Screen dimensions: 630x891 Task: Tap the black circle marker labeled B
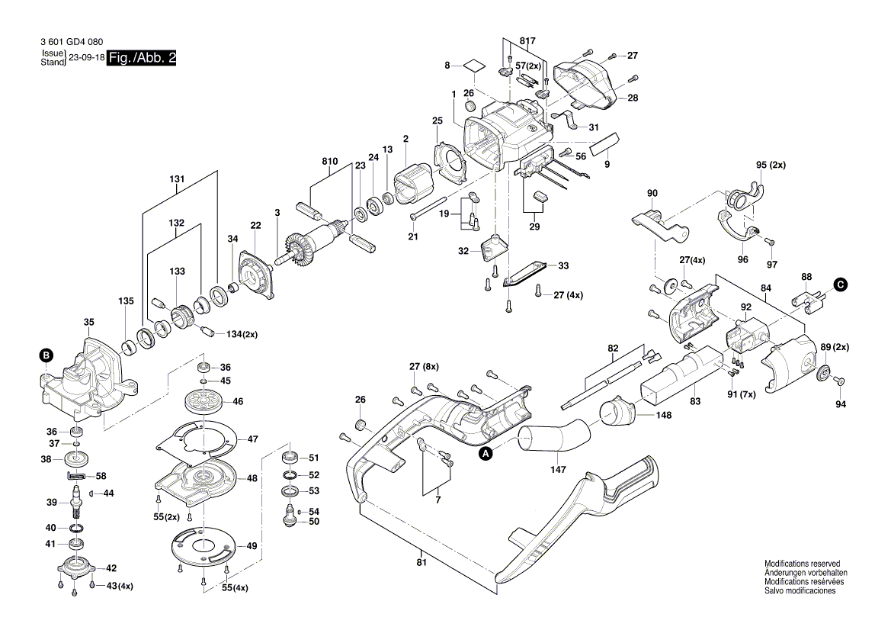[46, 355]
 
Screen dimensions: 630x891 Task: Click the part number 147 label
[558, 469]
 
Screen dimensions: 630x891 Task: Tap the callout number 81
[421, 563]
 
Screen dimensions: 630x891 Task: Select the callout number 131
[177, 180]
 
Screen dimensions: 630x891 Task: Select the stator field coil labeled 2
[414, 187]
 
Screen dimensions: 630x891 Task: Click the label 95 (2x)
[770, 166]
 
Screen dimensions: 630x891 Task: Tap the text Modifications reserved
[802, 563]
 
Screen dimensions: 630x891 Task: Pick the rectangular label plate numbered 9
[607, 143]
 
